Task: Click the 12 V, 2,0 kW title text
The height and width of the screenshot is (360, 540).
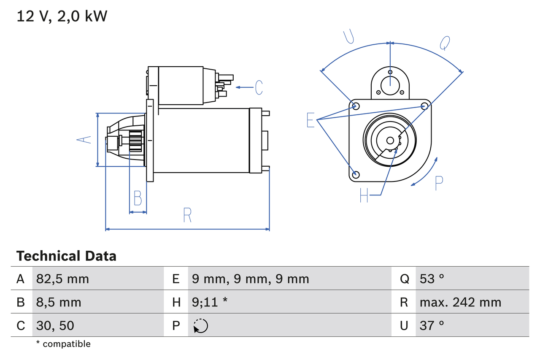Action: point(62,16)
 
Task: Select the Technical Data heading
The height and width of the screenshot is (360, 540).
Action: point(66,256)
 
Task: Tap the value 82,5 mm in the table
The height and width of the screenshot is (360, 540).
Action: point(62,279)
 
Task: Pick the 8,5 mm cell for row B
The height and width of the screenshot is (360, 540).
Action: point(59,302)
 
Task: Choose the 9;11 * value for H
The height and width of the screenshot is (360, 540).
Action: point(210,302)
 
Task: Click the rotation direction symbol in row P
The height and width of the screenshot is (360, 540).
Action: point(201,326)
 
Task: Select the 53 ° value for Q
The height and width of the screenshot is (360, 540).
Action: point(432,279)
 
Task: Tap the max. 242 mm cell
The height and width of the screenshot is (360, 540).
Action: point(460,302)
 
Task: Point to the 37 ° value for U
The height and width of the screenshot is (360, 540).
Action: point(432,325)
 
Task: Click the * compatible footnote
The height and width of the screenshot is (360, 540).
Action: point(63,344)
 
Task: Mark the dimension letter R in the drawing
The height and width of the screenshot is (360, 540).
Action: point(188,215)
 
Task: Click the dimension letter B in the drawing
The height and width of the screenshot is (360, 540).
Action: point(138,198)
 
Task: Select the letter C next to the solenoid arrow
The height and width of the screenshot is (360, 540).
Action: point(259,87)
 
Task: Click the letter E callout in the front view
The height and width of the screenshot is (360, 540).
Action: point(310,120)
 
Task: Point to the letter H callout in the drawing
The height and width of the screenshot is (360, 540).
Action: point(364,195)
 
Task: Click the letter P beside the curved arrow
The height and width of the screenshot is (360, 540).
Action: point(439,183)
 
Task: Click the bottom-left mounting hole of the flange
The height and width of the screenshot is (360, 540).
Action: point(356,174)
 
